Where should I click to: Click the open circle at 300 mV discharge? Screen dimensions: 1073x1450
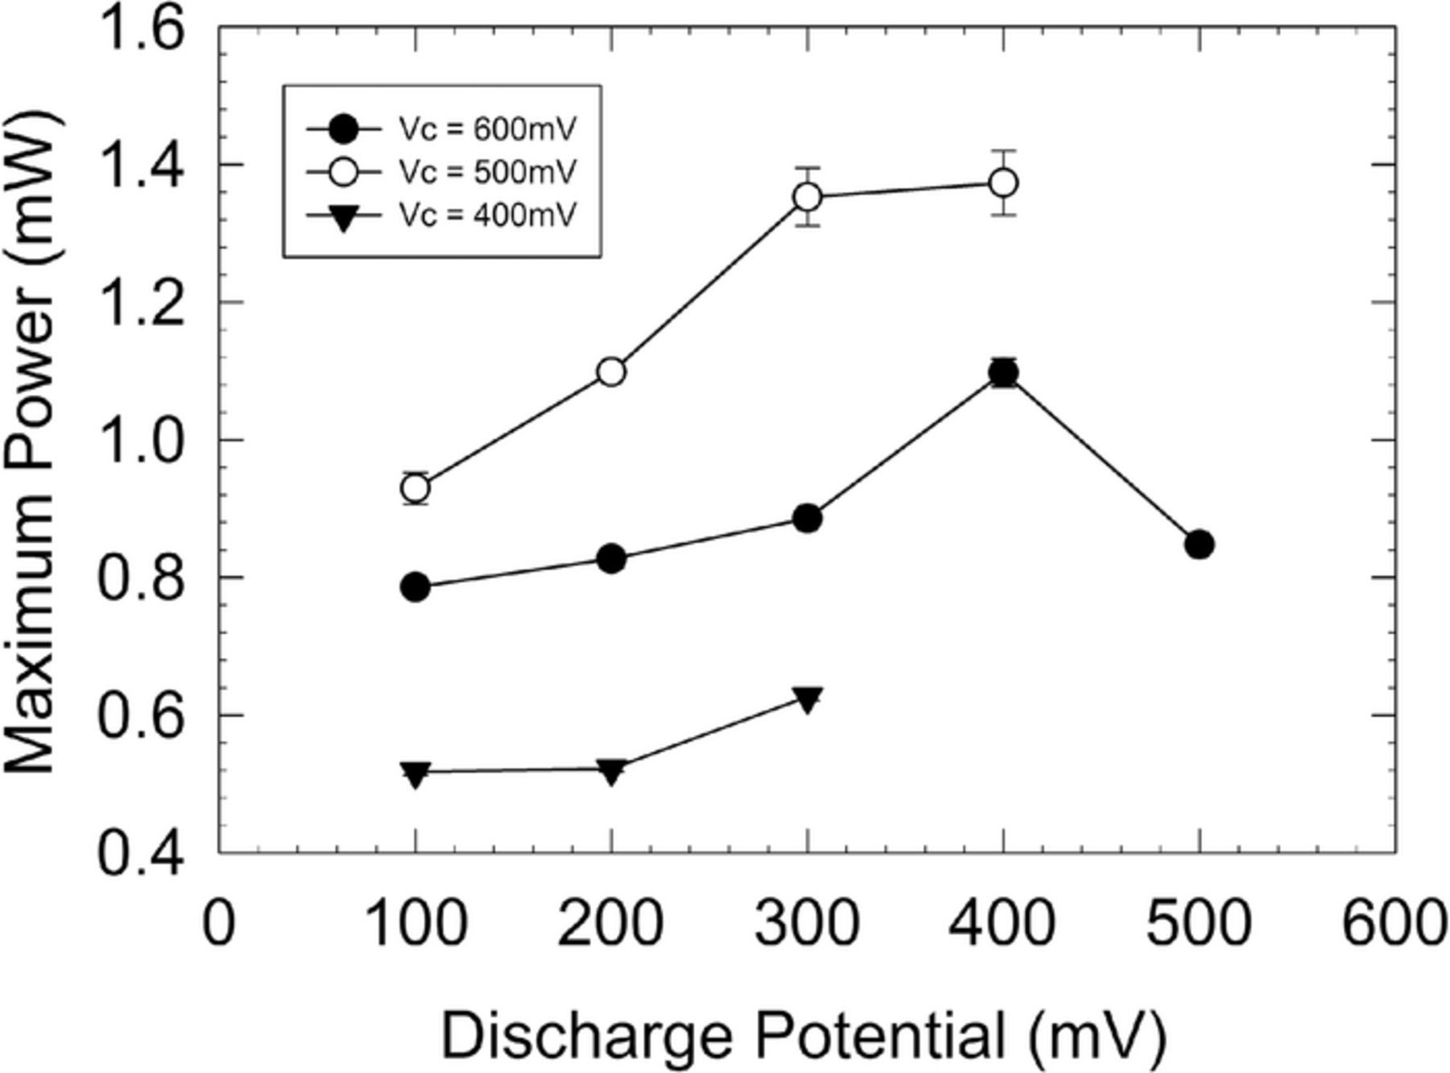tap(807, 197)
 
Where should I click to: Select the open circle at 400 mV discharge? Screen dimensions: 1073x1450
tap(1003, 183)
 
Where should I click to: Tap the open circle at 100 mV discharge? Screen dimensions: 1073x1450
tap(415, 488)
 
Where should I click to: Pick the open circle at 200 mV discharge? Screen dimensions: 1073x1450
tap(611, 372)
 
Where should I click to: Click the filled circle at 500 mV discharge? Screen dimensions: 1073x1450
tap(1199, 545)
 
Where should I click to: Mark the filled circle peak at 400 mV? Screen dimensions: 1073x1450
tap(1003, 372)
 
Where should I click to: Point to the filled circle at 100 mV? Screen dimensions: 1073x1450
tap(415, 587)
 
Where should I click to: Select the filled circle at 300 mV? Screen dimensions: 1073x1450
tap(807, 519)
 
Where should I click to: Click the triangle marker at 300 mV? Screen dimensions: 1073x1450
tap(807, 699)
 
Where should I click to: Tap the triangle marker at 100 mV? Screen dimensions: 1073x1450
tap(415, 774)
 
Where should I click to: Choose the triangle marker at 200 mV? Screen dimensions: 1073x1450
tap(611, 772)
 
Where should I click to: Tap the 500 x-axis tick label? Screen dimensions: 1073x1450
tap(1198, 923)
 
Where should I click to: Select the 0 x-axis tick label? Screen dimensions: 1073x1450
tap(218, 923)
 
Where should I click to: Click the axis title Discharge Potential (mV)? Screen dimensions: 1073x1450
tap(803, 1037)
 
